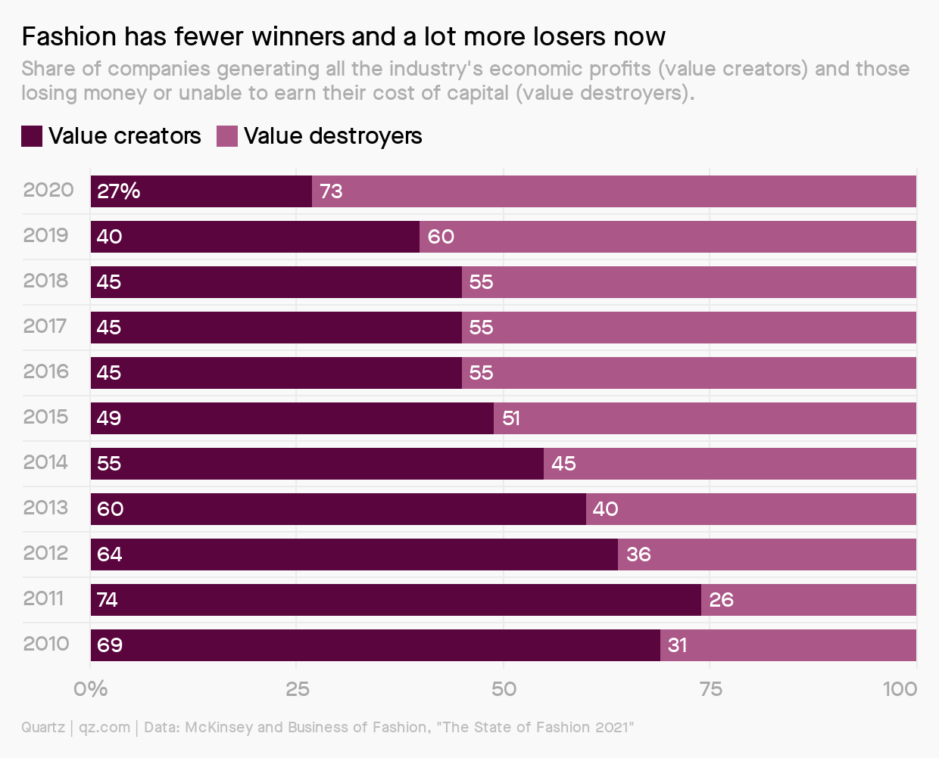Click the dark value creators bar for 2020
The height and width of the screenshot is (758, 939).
pos(201,191)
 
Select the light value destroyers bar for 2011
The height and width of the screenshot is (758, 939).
pos(809,600)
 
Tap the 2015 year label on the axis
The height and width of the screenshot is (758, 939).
pos(45,417)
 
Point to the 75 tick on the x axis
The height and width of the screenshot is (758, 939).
pos(710,688)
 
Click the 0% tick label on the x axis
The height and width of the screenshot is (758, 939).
pos(90,688)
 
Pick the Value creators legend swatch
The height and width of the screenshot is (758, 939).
pos(32,136)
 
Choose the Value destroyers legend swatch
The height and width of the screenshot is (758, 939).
pos(227,136)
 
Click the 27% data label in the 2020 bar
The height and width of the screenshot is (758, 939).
pos(118,191)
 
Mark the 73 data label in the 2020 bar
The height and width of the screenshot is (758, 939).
pos(331,191)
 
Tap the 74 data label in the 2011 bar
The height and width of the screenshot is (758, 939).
pos(108,600)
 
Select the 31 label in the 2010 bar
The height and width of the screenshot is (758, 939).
pos(677,645)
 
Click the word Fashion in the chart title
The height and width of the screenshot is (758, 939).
pos(69,36)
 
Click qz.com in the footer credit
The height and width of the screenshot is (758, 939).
pos(105,727)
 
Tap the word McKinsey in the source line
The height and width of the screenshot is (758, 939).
pos(219,727)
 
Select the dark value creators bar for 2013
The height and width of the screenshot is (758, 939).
pos(338,509)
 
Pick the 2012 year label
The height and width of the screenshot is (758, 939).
pos(45,553)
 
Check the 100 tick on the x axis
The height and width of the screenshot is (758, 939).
pos(900,688)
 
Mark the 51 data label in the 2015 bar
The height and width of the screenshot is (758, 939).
pos(511,418)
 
